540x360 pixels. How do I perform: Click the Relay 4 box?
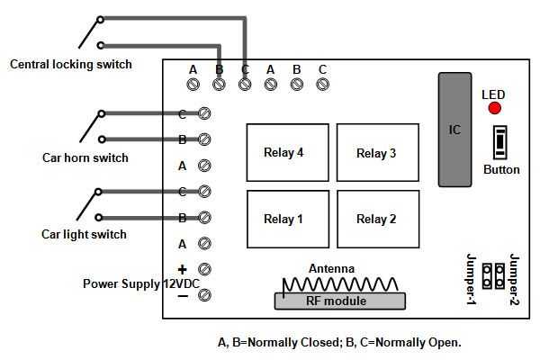tap(283, 153)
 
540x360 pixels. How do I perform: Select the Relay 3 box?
tap(376, 153)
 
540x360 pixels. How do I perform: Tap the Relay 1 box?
tap(283, 219)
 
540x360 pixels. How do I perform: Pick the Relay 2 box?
tap(376, 219)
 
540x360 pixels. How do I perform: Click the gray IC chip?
tap(455, 130)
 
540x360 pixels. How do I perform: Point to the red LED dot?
tap(494, 109)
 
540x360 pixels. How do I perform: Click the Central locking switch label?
tap(70, 64)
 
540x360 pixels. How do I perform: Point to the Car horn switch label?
tap(85, 158)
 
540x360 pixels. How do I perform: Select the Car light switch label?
tap(84, 235)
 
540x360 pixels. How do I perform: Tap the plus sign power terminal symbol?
tap(182, 269)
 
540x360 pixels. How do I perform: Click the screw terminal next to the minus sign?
tap(204, 295)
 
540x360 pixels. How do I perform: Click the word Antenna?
tap(331, 268)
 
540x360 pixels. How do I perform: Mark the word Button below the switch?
tap(501, 169)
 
